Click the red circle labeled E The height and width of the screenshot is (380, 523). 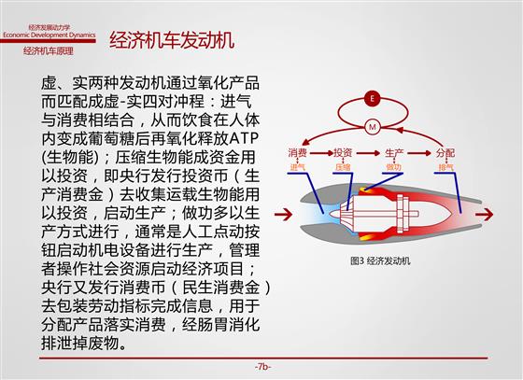(x=373, y=98)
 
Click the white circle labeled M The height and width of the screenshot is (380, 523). (x=373, y=127)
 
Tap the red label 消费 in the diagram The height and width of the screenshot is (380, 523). (x=297, y=153)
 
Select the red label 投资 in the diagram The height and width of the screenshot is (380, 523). (x=343, y=153)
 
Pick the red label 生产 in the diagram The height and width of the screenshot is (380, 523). (x=394, y=153)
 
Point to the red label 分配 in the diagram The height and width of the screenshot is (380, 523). (x=445, y=153)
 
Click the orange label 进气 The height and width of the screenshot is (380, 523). (x=297, y=167)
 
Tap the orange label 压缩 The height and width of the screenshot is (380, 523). (x=343, y=167)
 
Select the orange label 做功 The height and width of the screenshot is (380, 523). (x=394, y=167)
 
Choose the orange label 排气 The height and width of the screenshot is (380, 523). (x=445, y=167)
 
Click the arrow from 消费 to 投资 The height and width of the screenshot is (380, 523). (x=320, y=153)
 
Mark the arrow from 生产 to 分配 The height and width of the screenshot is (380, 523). (x=419, y=153)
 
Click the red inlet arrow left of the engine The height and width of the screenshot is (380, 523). (x=283, y=214)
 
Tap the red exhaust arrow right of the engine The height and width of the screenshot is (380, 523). (x=484, y=214)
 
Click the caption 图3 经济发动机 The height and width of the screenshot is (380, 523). (x=380, y=260)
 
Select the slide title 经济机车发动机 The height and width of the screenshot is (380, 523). (x=172, y=40)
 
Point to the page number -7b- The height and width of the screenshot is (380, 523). (x=262, y=367)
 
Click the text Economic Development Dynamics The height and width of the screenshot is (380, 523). (x=49, y=35)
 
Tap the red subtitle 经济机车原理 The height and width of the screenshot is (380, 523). (x=48, y=51)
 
